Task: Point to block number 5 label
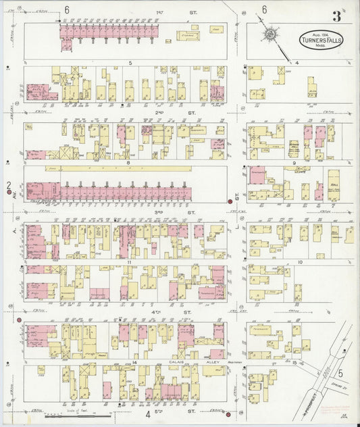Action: (128, 62)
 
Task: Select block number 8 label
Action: (127, 162)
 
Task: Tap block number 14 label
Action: (135, 363)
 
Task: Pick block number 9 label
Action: (294, 163)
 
